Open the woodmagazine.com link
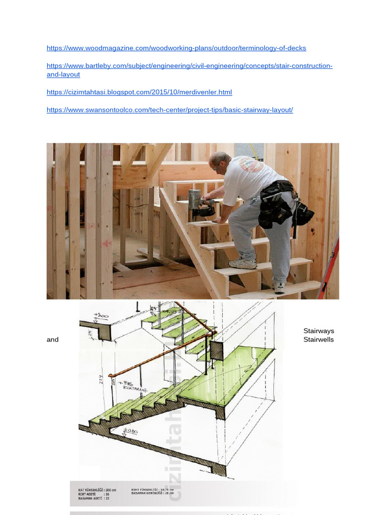(x=176, y=48)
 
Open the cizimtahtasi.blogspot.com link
(x=139, y=93)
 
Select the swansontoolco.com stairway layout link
(x=169, y=110)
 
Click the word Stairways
(x=319, y=331)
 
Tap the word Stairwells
(x=319, y=339)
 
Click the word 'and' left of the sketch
(x=53, y=339)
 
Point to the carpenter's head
(x=219, y=161)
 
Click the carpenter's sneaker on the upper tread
(x=242, y=263)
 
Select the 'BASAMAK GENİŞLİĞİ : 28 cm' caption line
(x=152, y=493)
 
